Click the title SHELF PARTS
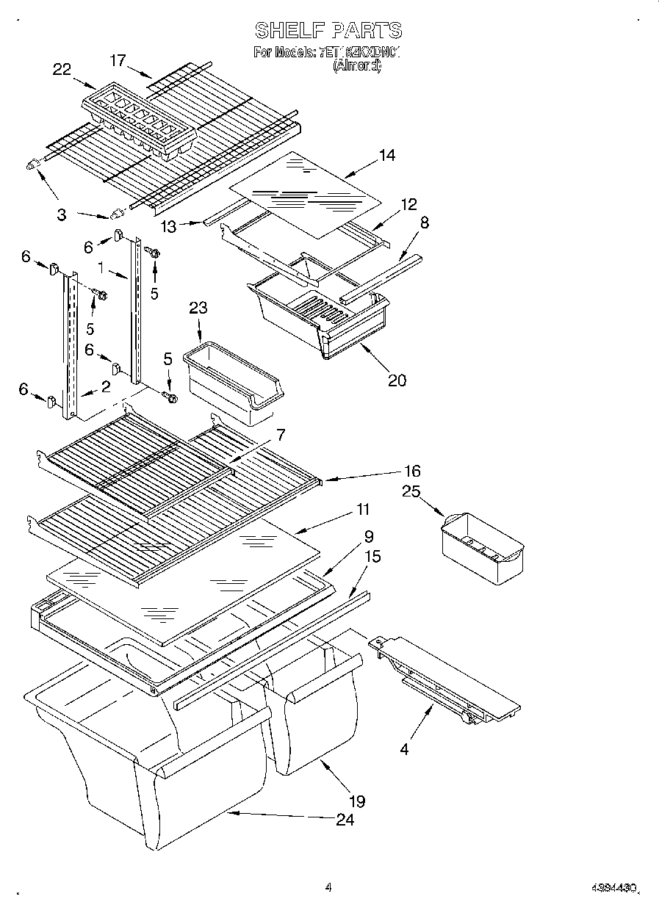[328, 30]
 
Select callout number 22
[62, 70]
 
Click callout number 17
[118, 60]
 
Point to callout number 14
[386, 155]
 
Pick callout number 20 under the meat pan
[397, 380]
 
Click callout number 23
[198, 309]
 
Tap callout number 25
[411, 491]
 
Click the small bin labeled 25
[482, 546]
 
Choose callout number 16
[412, 471]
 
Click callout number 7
[280, 435]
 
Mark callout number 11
[362, 509]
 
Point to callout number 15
[372, 557]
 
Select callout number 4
[403, 750]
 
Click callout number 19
[356, 801]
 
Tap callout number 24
[345, 820]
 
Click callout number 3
[61, 214]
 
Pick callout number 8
[424, 223]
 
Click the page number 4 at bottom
[328, 887]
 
